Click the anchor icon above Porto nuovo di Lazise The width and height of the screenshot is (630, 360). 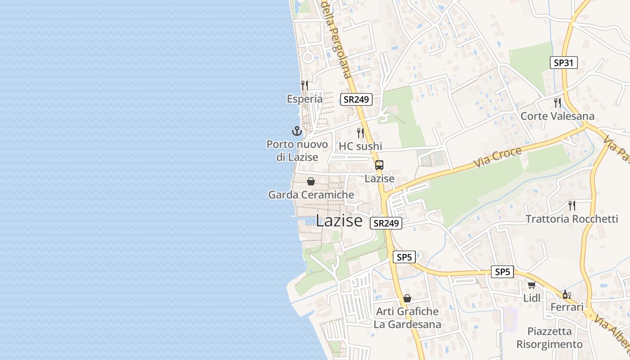point(297,131)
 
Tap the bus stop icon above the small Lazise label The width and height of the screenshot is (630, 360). point(379,165)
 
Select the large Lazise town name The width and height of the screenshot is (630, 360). point(339,220)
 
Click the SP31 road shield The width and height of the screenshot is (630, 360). point(563,63)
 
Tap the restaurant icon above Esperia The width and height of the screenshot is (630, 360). point(305,85)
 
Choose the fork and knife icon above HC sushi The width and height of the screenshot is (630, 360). point(360,133)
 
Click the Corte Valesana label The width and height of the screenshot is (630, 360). point(557,116)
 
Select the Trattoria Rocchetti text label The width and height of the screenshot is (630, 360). point(571,219)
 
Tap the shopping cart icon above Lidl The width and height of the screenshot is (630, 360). point(531,285)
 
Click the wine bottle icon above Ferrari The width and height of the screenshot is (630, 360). point(567,295)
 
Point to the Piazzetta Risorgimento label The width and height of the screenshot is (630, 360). point(549,338)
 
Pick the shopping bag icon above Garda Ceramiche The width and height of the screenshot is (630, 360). point(310,181)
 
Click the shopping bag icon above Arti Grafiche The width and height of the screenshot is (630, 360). point(407,298)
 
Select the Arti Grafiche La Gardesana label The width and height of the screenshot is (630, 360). point(407,318)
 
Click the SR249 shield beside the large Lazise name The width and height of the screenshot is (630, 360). point(386,223)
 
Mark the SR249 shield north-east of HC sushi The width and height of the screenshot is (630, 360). point(356,99)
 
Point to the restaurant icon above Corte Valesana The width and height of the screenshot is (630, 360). point(558,103)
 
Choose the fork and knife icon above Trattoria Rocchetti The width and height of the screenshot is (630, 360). point(571,206)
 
